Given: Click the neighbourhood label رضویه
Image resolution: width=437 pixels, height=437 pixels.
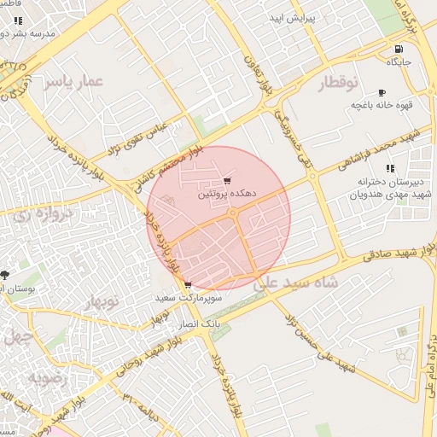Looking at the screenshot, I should [46, 376].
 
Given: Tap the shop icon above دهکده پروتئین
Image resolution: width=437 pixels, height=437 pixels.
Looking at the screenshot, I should [226, 180].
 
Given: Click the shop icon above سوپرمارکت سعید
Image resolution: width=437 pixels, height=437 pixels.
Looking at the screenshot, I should [187, 285].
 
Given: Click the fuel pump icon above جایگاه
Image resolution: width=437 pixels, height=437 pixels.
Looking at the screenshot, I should [399, 49].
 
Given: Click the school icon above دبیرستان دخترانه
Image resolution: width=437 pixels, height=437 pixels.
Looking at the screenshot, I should [390, 168].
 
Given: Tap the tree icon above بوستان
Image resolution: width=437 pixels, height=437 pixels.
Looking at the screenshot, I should [6, 275].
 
